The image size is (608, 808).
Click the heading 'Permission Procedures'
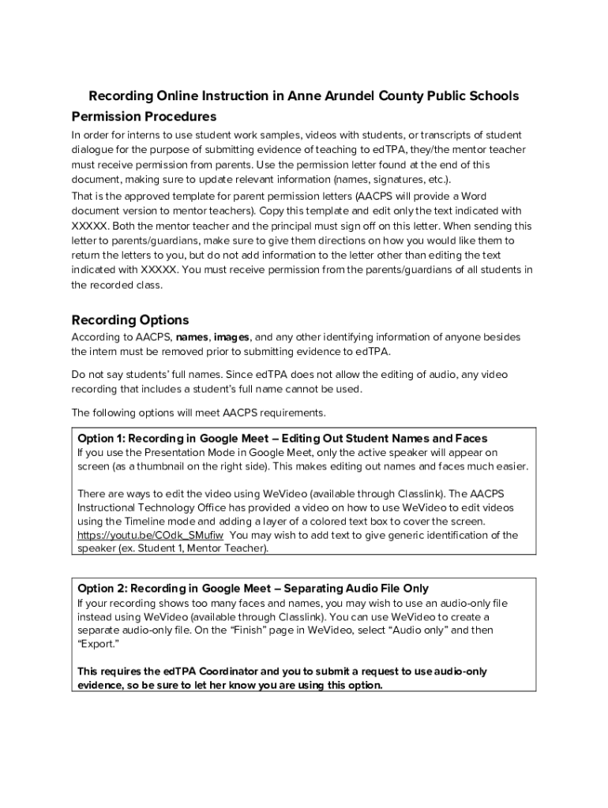[x=144, y=116]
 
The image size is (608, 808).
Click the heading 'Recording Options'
[x=130, y=320]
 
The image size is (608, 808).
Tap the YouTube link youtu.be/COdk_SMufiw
[x=150, y=535]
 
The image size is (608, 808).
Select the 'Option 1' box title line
[x=282, y=438]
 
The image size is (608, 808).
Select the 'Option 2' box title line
[x=253, y=588]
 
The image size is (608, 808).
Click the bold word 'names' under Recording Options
[x=192, y=337]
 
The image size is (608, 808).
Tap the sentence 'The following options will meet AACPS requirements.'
[x=198, y=413]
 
